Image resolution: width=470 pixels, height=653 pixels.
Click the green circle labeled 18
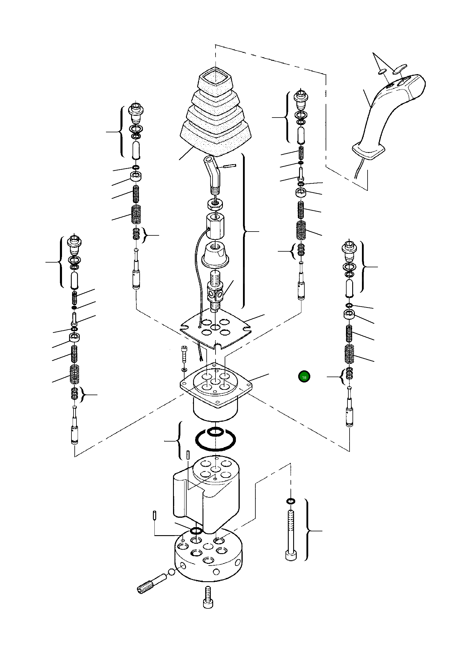(x=304, y=377)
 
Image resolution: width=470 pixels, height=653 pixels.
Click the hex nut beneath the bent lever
(x=216, y=203)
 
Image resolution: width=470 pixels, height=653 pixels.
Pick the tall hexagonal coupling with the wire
(x=215, y=226)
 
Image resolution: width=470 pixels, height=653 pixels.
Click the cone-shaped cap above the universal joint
(x=216, y=254)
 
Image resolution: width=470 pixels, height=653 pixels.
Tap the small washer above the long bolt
(x=291, y=501)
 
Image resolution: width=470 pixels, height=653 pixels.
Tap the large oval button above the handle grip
(x=400, y=69)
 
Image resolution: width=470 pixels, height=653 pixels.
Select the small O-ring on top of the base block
(x=196, y=530)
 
